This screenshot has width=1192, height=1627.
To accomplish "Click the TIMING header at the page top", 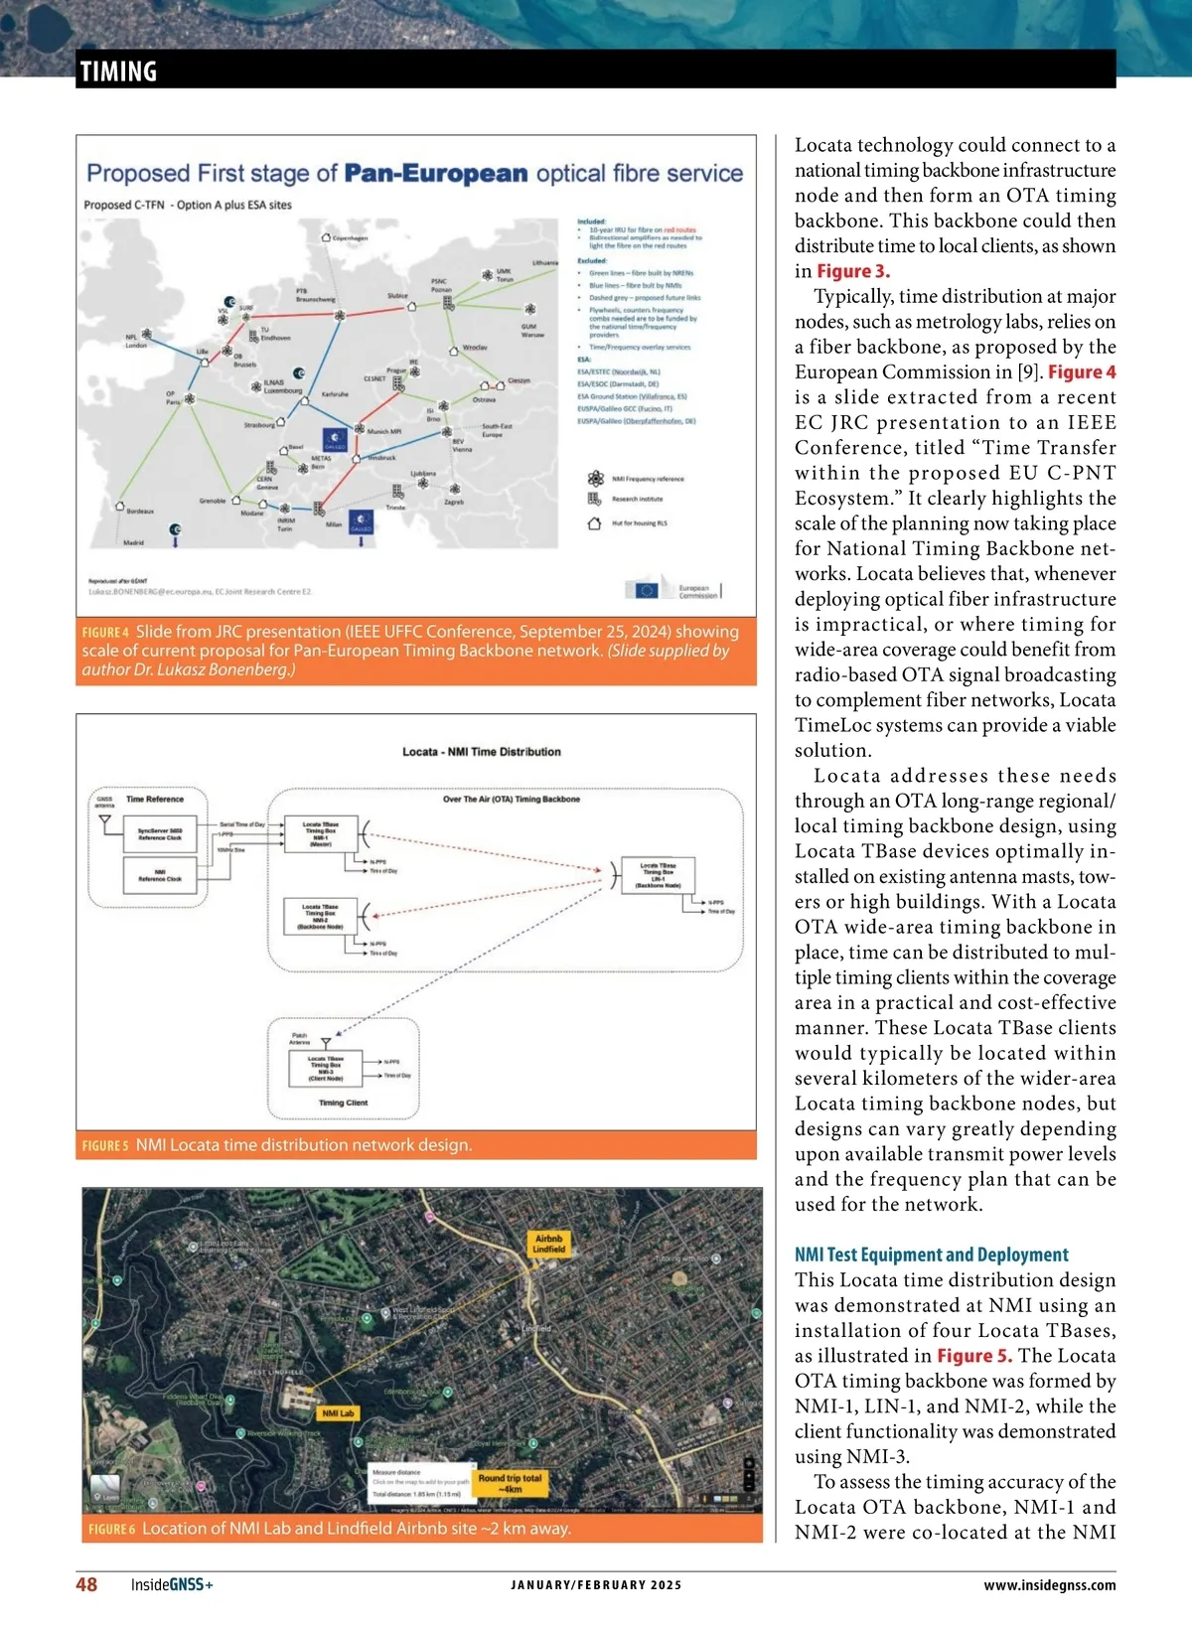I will click(x=118, y=72).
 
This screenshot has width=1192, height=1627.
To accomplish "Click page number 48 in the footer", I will click(x=86, y=1584).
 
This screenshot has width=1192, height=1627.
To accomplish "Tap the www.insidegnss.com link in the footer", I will click(x=1049, y=1585).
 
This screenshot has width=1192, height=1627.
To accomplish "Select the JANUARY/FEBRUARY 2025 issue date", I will click(x=596, y=1585).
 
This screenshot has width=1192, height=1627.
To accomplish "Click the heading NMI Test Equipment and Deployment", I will click(x=931, y=1255).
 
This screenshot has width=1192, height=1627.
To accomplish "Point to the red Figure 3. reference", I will click(x=853, y=271).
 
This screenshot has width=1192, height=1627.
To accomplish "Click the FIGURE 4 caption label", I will click(x=105, y=633).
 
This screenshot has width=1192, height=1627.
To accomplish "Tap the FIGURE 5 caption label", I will click(x=105, y=1145).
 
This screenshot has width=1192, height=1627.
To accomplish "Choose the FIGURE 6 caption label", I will click(x=111, y=1529).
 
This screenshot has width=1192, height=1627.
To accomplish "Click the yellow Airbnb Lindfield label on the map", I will click(x=548, y=1244).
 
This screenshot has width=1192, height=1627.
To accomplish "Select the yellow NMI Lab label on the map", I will click(x=338, y=1412).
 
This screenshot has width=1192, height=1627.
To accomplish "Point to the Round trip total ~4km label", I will click(x=510, y=1483).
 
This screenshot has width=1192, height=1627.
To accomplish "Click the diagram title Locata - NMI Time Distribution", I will click(x=481, y=752).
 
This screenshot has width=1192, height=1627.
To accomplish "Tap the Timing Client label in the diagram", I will click(x=343, y=1103).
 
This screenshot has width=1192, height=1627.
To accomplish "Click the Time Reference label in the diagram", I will click(x=155, y=799).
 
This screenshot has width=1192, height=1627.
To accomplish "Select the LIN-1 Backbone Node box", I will click(x=658, y=875).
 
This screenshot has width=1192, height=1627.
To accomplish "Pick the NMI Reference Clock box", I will click(x=160, y=875).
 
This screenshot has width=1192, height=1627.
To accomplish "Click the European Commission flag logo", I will click(x=646, y=590).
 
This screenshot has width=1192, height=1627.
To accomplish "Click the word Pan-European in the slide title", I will click(x=435, y=174).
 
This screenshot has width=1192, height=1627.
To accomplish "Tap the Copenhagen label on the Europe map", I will click(x=349, y=238).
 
